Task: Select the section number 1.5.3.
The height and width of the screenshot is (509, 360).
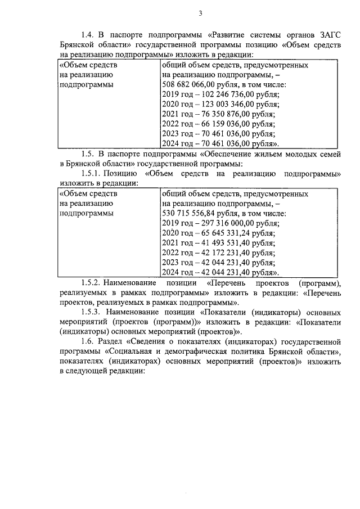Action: point(92,312)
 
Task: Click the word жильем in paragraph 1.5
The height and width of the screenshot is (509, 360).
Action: point(233,153)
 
